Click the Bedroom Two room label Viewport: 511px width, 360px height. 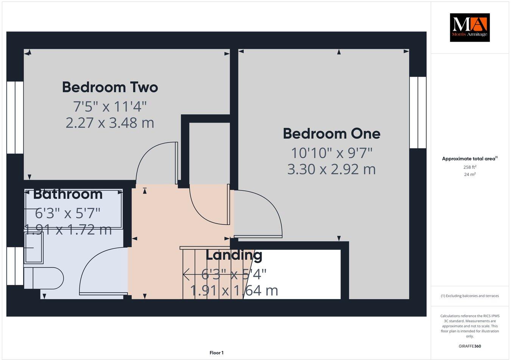pos(110,87)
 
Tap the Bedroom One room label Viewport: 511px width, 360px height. pos(332,133)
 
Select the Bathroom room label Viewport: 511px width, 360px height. pos(68,194)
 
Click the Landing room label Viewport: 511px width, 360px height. pos(234,255)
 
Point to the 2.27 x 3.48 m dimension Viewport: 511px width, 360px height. pos(110,123)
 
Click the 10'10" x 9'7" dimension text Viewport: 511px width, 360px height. pos(332,153)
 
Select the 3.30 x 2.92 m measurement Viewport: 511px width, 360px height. pos(332,169)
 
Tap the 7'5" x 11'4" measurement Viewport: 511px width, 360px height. pos(110,107)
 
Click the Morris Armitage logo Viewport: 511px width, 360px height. pos(469,27)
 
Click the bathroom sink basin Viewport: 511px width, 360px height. pos(34,247)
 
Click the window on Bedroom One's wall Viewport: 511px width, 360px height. pos(418,112)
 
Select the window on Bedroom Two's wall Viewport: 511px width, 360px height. pos(15,117)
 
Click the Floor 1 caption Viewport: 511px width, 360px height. pos(217,353)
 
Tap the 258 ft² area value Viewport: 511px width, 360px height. pos(470,167)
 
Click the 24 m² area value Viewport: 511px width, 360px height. pos(470,174)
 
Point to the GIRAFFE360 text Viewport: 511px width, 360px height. pos(470,346)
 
